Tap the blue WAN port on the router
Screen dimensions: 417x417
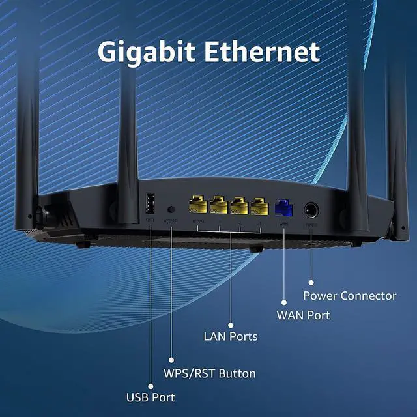285,208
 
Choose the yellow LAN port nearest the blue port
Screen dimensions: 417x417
259,207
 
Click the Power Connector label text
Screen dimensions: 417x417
349,296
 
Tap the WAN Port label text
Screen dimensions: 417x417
303,315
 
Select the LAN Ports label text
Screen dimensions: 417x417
231,337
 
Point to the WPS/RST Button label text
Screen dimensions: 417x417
208,374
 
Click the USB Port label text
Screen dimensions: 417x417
150,396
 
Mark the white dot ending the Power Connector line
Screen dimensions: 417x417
311,283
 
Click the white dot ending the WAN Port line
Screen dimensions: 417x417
284,302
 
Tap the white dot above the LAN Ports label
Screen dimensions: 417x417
231,323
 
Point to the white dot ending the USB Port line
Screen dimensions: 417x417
151,382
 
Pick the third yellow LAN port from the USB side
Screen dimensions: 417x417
239,207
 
